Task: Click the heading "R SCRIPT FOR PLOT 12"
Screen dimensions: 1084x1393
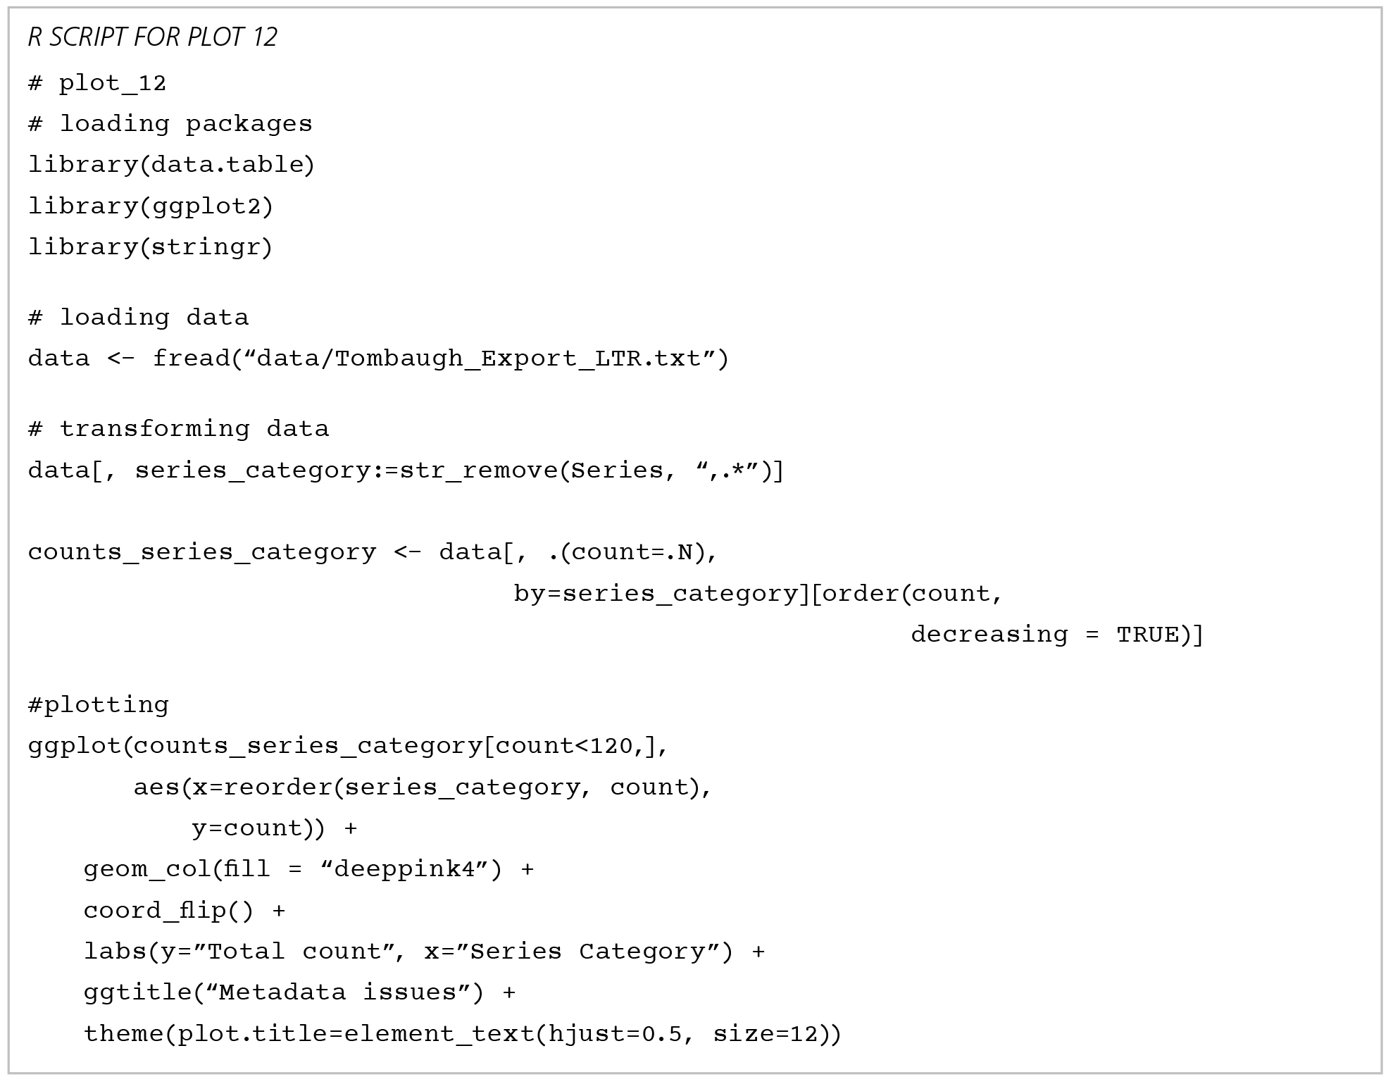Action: (152, 37)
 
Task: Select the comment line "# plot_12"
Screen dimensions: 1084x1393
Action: (97, 83)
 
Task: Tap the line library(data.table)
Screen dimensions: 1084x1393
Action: (171, 164)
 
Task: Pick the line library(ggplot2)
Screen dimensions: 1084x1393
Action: (151, 206)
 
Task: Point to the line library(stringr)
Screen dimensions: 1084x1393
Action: (150, 247)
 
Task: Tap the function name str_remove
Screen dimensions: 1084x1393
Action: (479, 470)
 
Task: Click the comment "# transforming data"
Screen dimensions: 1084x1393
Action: (178, 428)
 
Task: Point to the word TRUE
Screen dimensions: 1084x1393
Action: (1148, 635)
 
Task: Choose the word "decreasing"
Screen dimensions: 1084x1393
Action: (989, 635)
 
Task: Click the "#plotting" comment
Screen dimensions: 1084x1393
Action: (99, 704)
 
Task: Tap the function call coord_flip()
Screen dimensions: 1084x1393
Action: (168, 911)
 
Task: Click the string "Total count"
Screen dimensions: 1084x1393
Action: (294, 952)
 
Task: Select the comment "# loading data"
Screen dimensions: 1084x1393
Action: (138, 317)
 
